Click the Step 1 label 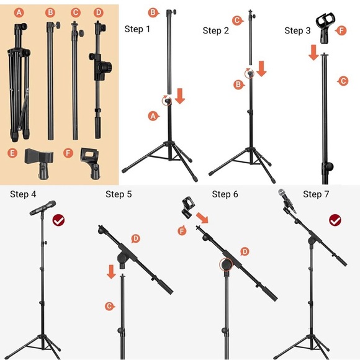pyautogui.click(x=137, y=29)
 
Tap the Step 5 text pyautogui.click(x=119, y=194)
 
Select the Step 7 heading pyautogui.click(x=316, y=194)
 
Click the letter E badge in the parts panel pyautogui.click(x=12, y=153)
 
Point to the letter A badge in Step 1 pyautogui.click(x=153, y=116)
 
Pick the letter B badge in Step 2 pyautogui.click(x=239, y=84)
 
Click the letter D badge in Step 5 pyautogui.click(x=135, y=238)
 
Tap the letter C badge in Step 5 pyautogui.click(x=109, y=306)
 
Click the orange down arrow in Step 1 pyautogui.click(x=180, y=96)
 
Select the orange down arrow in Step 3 pyautogui.click(x=313, y=53)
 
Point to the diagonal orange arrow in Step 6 pyautogui.click(x=202, y=218)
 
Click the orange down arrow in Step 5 pyautogui.click(x=111, y=272)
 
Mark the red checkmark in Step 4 pyautogui.click(x=58, y=220)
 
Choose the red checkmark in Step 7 pyautogui.click(x=335, y=220)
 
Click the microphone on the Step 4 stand pyautogui.click(x=43, y=208)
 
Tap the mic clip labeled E pyautogui.click(x=39, y=163)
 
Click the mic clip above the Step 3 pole pyautogui.click(x=324, y=29)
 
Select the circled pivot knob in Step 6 pyautogui.click(x=226, y=264)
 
